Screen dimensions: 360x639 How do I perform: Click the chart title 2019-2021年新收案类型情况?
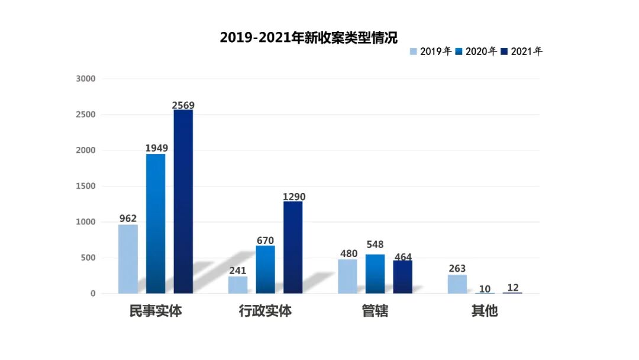(308, 37)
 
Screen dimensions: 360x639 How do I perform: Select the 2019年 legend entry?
(431, 52)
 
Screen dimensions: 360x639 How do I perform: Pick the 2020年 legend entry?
(476, 52)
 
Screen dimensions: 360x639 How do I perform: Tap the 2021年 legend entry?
(522, 52)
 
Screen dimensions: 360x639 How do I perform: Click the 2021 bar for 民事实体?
(183, 201)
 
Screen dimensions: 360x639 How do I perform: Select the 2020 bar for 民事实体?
(156, 223)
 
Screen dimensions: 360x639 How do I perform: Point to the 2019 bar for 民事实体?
(128, 259)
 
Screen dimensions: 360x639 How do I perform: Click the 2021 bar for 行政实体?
(293, 247)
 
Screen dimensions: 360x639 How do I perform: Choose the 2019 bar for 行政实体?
(238, 285)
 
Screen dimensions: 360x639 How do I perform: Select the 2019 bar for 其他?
(457, 284)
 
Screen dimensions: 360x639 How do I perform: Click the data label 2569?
(183, 105)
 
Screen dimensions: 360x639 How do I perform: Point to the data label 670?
(265, 241)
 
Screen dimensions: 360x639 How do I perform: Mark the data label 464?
(402, 257)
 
